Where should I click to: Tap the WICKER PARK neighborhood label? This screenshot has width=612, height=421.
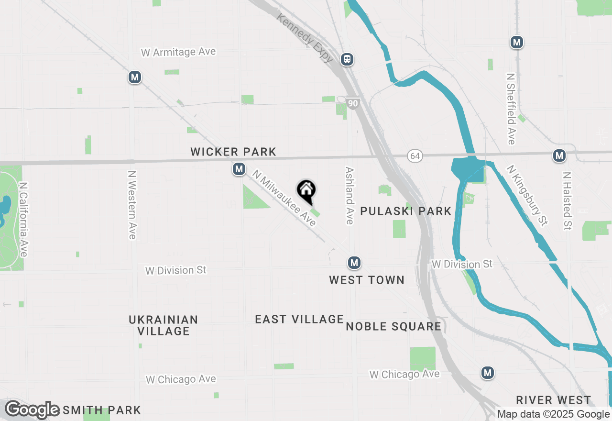coord(233,152)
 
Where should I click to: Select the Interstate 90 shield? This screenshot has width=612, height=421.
coord(353,104)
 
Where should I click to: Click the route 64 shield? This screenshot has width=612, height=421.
coord(415,156)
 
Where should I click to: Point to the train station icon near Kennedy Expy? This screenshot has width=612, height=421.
coord(347,59)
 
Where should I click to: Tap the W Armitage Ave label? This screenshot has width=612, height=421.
coord(178,52)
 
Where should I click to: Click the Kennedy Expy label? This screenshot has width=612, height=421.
coord(304,37)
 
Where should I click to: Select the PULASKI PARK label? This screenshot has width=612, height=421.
coord(405,211)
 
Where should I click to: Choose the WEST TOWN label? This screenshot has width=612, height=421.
coord(367,280)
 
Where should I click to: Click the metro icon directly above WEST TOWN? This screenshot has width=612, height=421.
coord(354,263)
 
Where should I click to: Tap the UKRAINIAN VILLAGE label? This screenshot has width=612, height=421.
coord(164,325)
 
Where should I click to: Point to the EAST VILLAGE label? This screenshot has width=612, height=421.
coord(299,319)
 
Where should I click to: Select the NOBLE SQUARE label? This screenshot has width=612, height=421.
coord(393,326)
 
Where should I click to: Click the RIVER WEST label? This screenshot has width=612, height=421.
coord(554,400)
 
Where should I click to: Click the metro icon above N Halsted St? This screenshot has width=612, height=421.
coord(559,155)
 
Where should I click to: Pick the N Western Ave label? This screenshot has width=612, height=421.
coord(132,205)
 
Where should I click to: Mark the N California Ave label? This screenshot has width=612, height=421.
coord(23,219)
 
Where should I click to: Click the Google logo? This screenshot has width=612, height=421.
coord(33,410)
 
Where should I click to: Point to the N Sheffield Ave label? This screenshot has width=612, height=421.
coord(511,109)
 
